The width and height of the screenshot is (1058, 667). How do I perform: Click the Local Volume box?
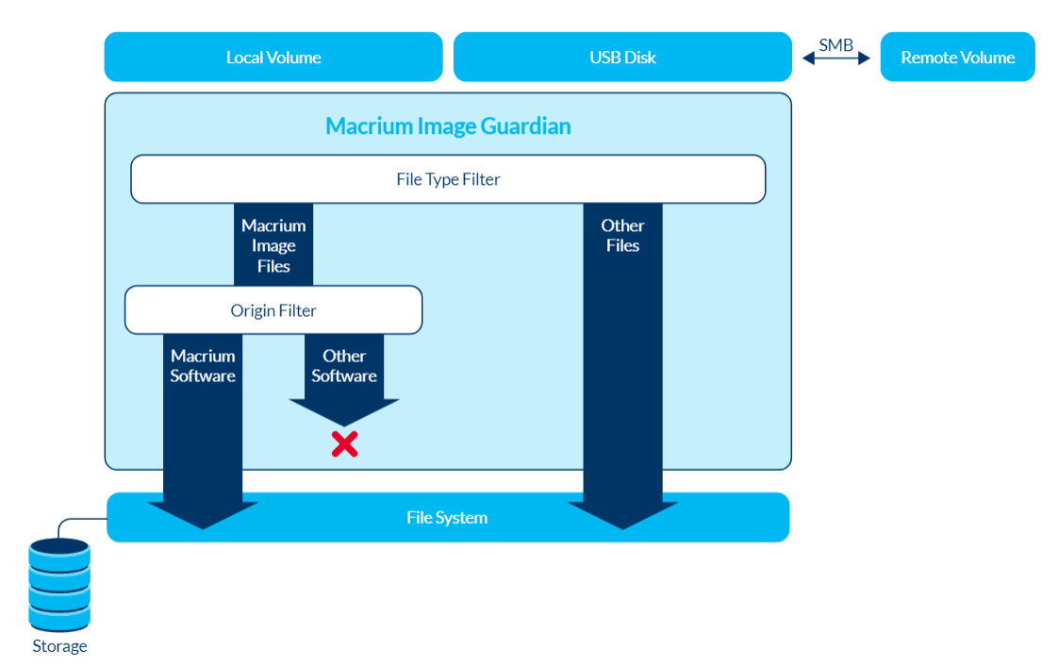click(273, 58)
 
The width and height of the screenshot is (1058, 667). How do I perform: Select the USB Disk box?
click(622, 58)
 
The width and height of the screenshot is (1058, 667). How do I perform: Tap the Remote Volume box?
click(957, 58)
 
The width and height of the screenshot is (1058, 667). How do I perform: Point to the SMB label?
click(835, 44)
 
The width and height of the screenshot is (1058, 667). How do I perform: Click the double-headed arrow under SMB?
click(835, 58)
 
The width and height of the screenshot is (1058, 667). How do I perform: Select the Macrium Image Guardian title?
click(448, 126)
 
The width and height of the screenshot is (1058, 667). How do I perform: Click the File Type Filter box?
click(448, 179)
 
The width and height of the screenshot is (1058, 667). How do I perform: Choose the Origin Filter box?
click(273, 310)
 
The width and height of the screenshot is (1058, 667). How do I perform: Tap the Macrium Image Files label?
click(273, 245)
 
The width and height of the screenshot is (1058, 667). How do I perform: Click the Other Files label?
click(622, 235)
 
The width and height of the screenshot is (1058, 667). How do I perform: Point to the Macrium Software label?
click(203, 366)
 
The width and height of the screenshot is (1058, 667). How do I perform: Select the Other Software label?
click(344, 366)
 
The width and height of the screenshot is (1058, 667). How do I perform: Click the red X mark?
click(344, 444)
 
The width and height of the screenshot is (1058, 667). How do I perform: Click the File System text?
click(447, 518)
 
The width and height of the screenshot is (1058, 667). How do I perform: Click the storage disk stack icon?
click(59, 585)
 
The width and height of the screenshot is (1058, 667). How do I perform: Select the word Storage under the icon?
click(59, 646)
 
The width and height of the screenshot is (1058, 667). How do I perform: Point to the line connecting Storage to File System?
click(80, 520)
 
